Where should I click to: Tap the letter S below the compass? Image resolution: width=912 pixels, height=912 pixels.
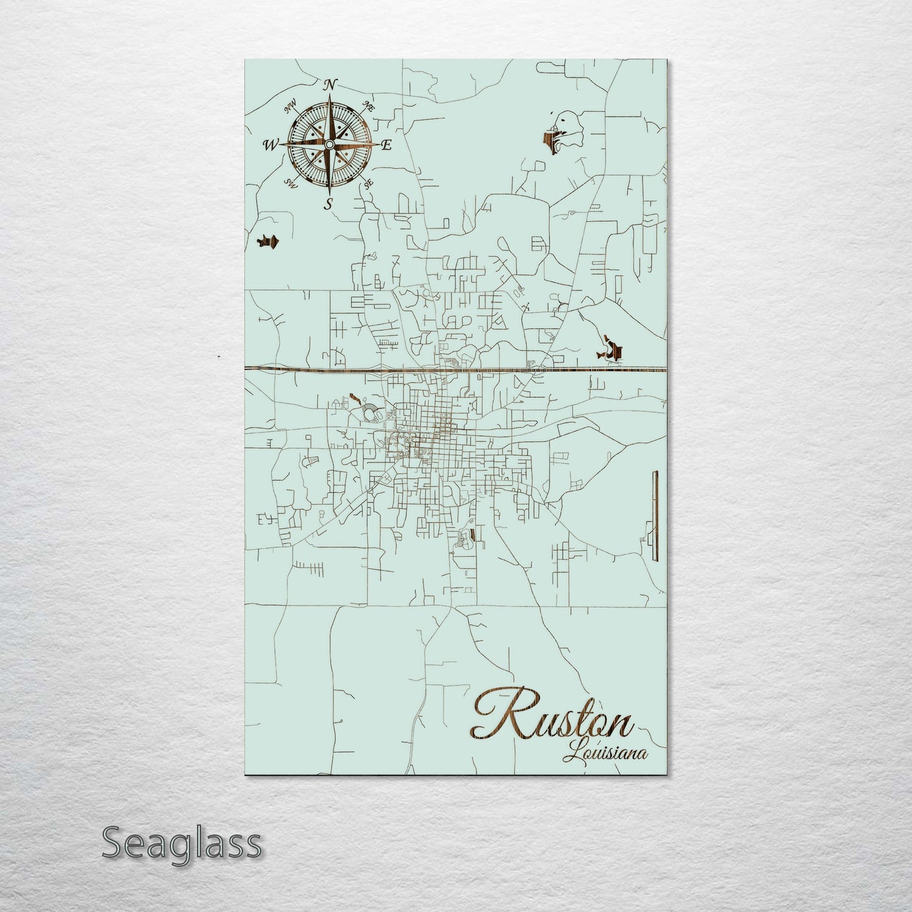point(328,203)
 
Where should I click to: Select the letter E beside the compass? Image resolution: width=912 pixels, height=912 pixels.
point(387,145)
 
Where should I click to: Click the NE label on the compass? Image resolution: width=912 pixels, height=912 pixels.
point(369,107)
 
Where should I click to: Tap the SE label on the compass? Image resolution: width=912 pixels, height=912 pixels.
point(369,184)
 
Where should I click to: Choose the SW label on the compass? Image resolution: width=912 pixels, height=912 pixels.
point(291,184)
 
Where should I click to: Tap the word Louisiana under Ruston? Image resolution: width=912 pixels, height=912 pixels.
point(608,752)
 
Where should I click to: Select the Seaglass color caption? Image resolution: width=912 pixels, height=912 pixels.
point(182,843)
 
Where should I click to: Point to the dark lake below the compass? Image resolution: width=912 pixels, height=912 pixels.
point(269,242)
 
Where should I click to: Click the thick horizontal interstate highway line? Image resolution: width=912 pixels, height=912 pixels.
point(454,369)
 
